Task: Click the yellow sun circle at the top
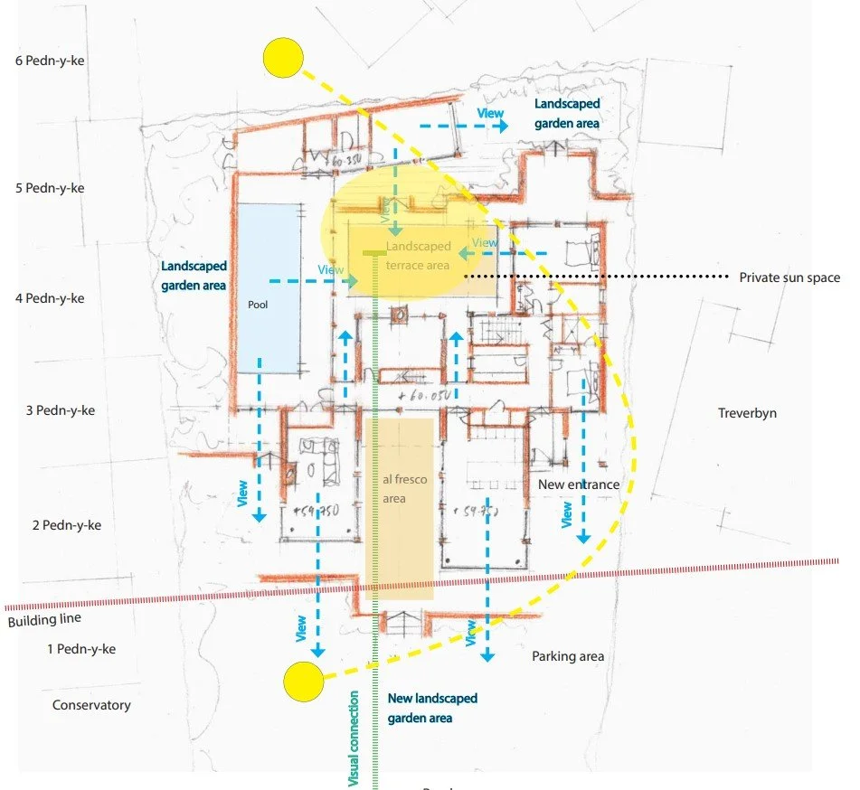tap(282, 58)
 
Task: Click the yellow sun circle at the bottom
tap(303, 681)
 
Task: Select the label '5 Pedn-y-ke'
tap(55, 188)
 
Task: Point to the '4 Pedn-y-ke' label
tap(55, 298)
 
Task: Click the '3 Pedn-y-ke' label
tap(61, 410)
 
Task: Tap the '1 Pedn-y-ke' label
tap(81, 649)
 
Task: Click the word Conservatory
tap(91, 705)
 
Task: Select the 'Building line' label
tap(44, 619)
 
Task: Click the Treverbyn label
tap(747, 413)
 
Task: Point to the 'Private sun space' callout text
tap(789, 277)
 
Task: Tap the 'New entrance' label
tap(579, 484)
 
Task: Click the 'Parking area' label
tap(568, 656)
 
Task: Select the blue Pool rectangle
tap(268, 287)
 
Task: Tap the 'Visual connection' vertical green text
tap(354, 738)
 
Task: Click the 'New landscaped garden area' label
tap(432, 708)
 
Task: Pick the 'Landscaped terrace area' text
tap(418, 256)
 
